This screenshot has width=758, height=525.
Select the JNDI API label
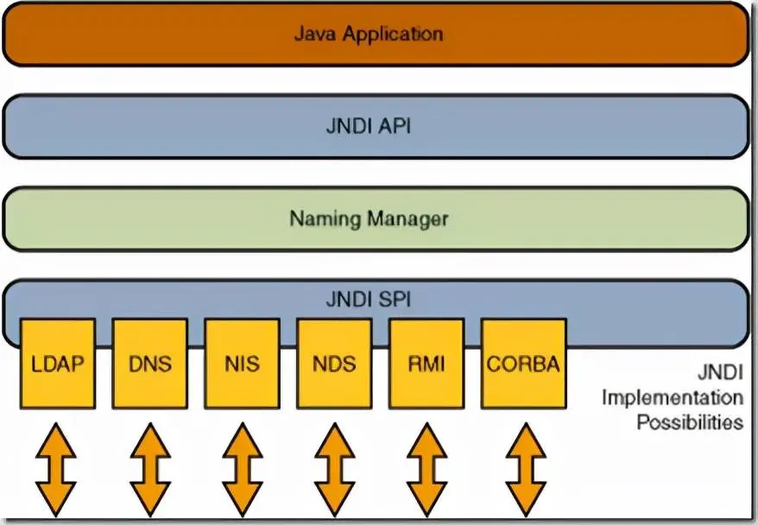(369, 127)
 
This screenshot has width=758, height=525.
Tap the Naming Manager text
(369, 218)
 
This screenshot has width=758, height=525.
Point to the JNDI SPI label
(369, 300)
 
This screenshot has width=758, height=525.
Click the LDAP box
(58, 364)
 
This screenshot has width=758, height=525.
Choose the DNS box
(149, 364)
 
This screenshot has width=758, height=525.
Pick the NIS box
(242, 364)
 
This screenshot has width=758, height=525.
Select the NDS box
(333, 364)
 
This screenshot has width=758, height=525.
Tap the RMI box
(426, 364)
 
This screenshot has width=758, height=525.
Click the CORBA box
(523, 364)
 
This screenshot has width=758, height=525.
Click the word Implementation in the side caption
(672, 398)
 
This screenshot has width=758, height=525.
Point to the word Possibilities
(690, 422)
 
